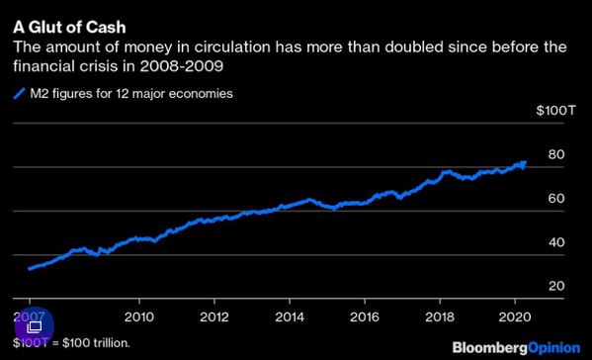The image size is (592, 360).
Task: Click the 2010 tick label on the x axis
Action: (139, 317)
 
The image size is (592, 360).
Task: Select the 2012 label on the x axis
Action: (214, 317)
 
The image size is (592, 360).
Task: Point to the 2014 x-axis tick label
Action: (290, 317)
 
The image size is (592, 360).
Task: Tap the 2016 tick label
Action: (364, 317)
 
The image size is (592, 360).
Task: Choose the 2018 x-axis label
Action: (439, 317)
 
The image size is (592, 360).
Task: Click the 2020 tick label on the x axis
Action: (514, 317)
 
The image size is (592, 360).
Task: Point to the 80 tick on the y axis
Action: (555, 155)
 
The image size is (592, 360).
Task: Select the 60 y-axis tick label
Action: (555, 199)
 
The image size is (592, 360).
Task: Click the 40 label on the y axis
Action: (555, 242)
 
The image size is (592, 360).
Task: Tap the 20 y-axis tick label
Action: (555, 286)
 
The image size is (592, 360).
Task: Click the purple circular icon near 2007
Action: (34, 325)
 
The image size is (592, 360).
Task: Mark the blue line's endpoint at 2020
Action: (525, 162)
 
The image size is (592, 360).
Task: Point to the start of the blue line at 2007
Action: (31, 268)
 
